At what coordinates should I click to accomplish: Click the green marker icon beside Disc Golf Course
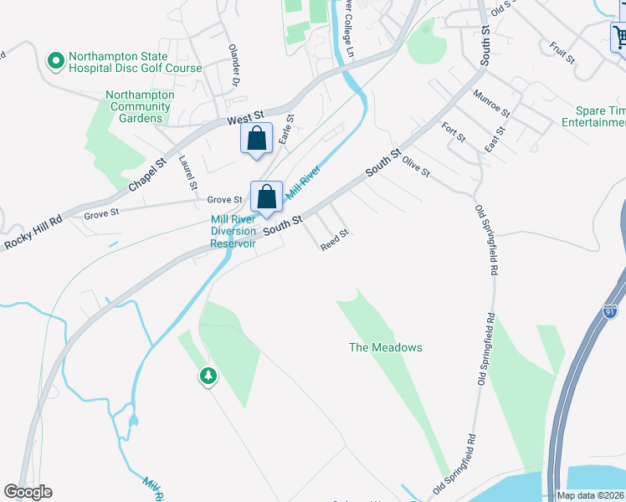[x=56, y=61]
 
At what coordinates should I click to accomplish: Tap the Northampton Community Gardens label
[x=141, y=107]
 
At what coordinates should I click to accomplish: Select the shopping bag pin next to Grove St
[x=266, y=197]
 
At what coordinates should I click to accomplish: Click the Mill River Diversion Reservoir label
[x=233, y=231]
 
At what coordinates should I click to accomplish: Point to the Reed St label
[x=334, y=239]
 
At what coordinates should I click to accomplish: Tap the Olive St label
[x=415, y=166]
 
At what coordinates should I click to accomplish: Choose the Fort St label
[x=454, y=132]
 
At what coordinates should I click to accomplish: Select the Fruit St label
[x=562, y=53]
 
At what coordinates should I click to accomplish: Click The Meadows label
[x=385, y=347]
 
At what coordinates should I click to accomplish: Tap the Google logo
[x=28, y=492]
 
